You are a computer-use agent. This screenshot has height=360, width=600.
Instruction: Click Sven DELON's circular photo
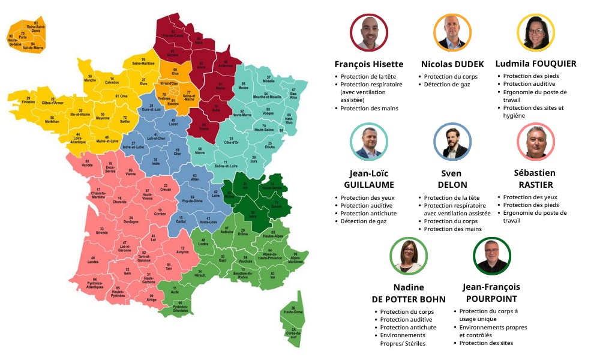pos(452,143)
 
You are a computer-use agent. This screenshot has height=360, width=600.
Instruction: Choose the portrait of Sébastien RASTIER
pos(535,143)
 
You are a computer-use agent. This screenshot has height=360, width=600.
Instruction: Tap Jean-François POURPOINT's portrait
pos(491,256)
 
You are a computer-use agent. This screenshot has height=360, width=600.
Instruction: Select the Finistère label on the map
pos(28,100)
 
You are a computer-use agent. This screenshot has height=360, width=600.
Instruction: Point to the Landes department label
pos(92,260)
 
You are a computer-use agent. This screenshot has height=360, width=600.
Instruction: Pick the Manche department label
pos(90,79)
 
